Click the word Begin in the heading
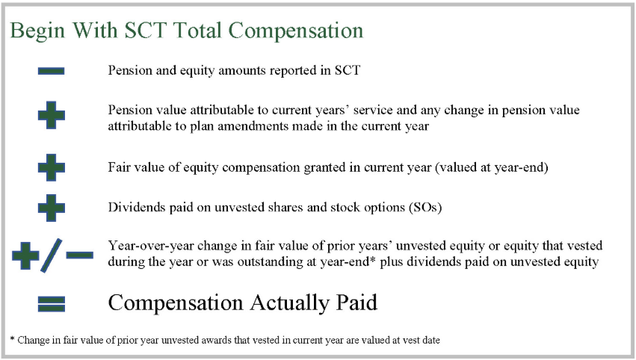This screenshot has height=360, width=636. [x=37, y=31]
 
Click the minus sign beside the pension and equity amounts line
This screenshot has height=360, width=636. [x=51, y=72]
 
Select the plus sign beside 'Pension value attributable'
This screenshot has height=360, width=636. [x=51, y=115]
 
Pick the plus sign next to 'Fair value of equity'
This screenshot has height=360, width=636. [x=51, y=167]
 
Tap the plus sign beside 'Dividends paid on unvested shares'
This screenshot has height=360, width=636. [x=51, y=208]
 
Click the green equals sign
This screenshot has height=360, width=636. [x=51, y=304]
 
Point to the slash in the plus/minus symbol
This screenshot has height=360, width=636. [x=52, y=255]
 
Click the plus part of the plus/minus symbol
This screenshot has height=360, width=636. [x=25, y=256]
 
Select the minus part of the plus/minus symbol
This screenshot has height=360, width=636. [x=79, y=255]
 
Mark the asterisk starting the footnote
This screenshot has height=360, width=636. [x=12, y=338]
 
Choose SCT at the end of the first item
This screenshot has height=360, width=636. [x=348, y=70]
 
